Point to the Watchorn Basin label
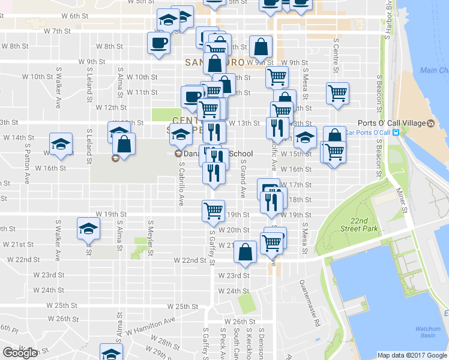[x=427, y=332]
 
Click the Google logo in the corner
[x=20, y=353]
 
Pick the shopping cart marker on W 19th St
[x=214, y=210]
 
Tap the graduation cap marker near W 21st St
[x=88, y=229]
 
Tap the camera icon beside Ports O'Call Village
[x=431, y=123]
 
